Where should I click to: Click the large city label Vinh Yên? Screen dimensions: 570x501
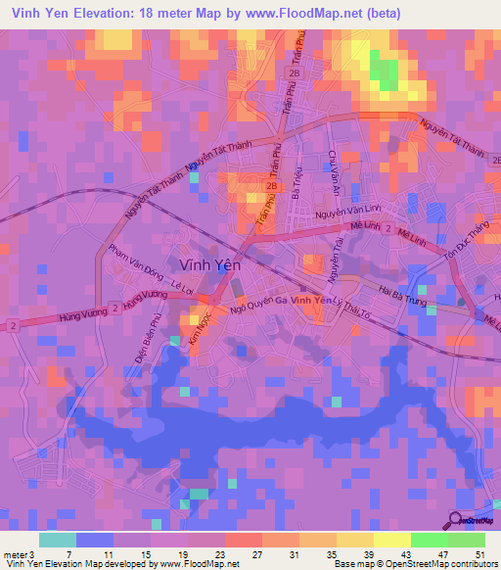211,263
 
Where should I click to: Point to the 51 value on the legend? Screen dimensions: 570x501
480,554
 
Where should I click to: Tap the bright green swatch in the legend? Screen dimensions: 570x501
430,540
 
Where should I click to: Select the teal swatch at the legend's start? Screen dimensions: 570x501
58,540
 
